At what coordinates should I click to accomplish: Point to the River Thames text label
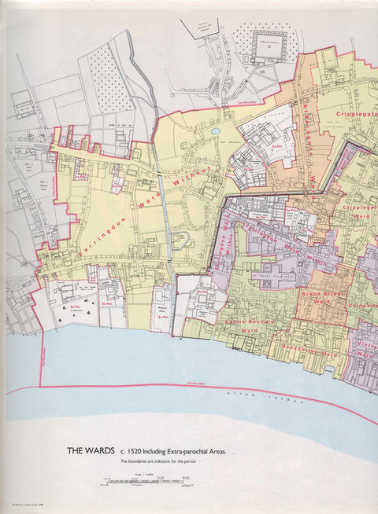(x=260, y=396)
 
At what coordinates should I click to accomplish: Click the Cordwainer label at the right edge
(x=361, y=303)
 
